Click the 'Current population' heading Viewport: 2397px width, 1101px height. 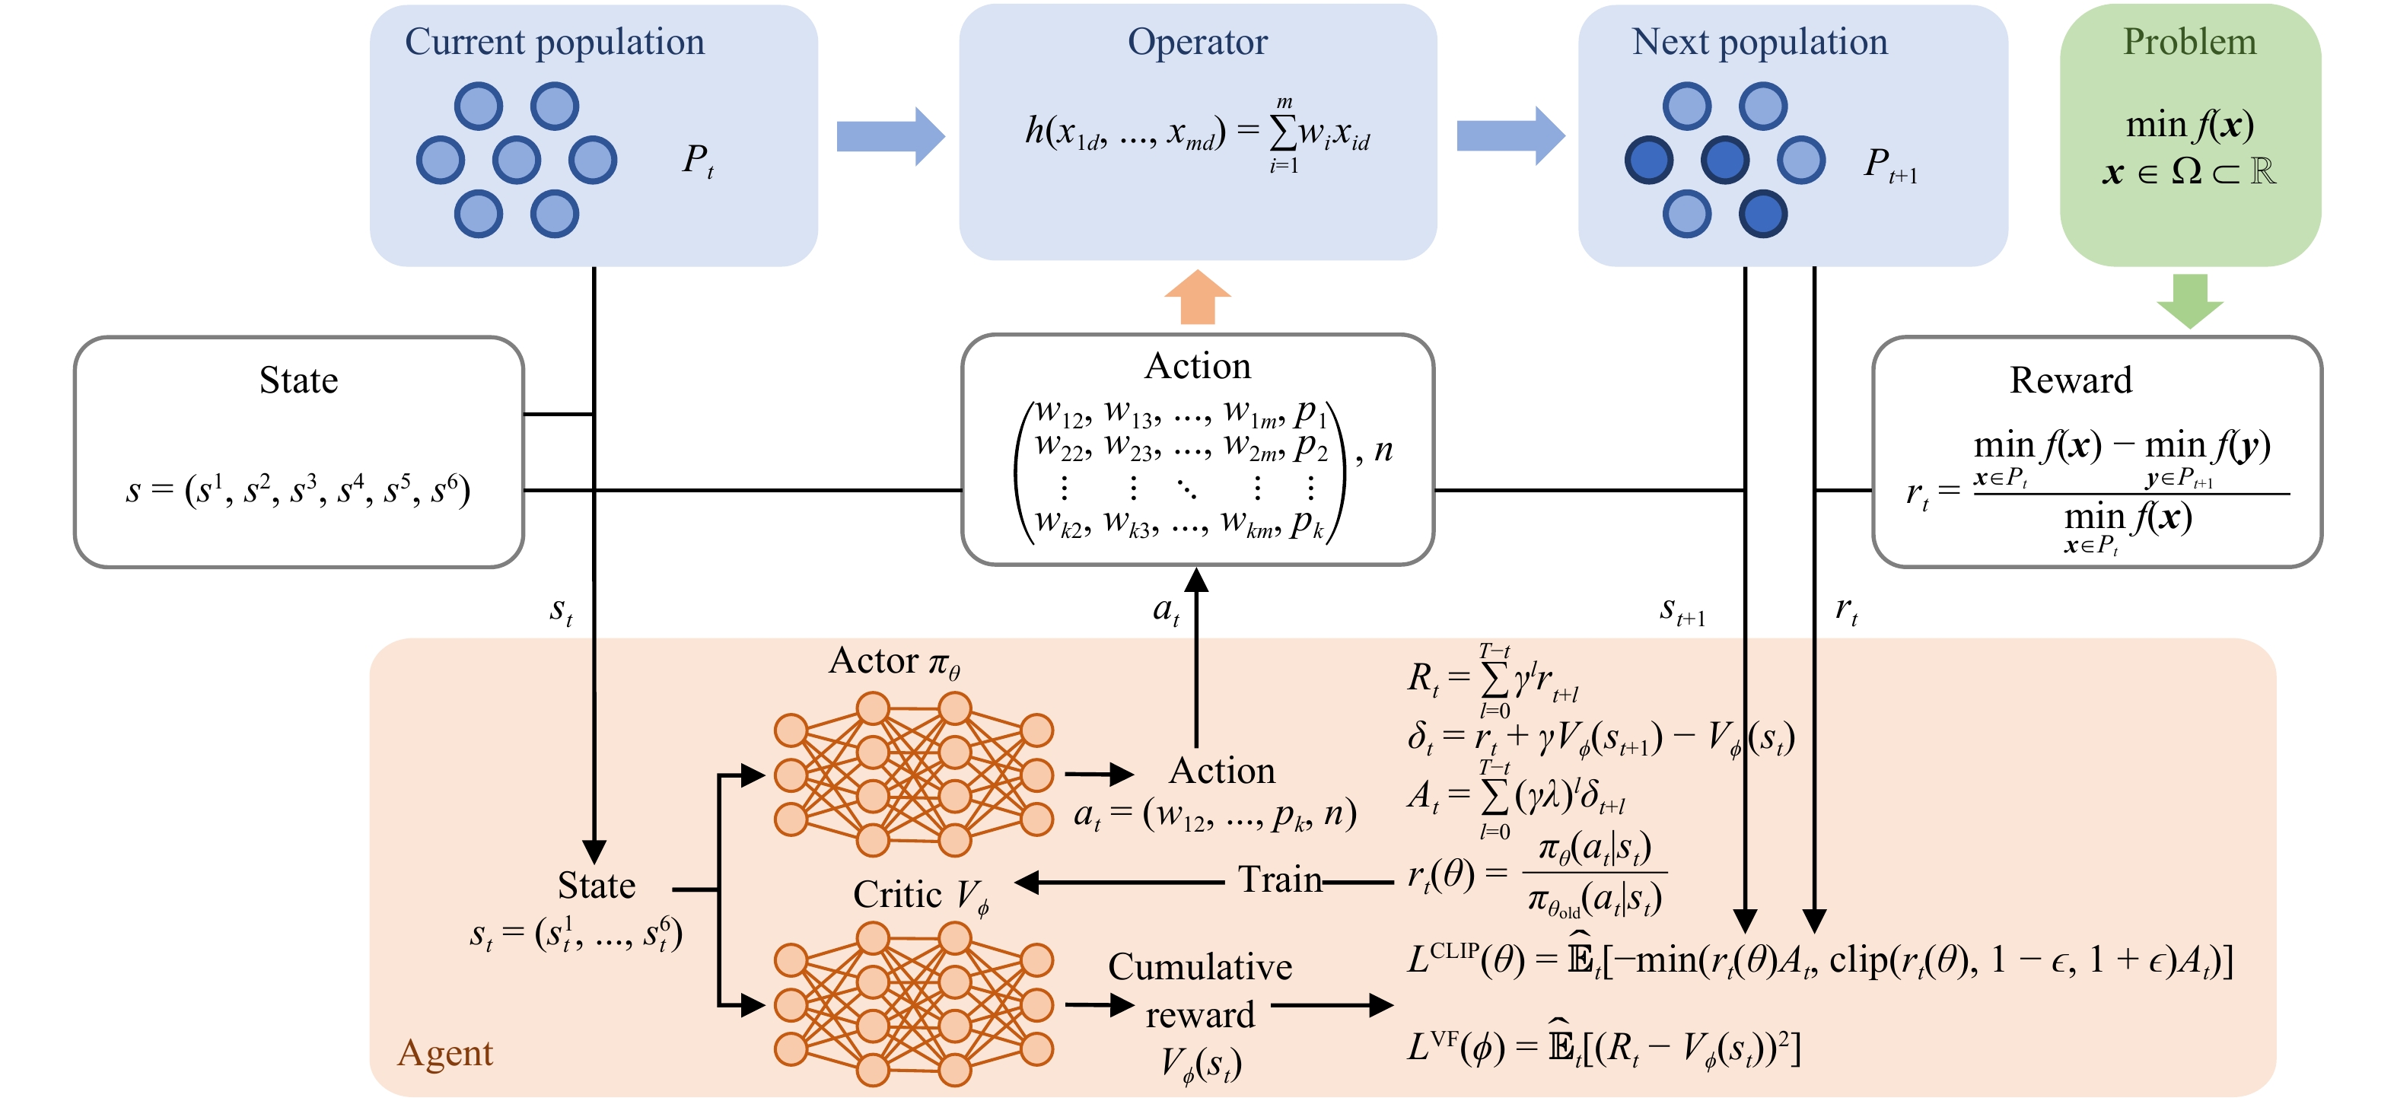click(x=555, y=43)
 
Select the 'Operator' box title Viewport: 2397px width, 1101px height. click(x=1198, y=43)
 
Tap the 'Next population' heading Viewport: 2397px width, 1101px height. click(x=1759, y=43)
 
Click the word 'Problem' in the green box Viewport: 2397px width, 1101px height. click(x=2189, y=43)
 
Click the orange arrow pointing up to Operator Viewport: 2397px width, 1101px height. click(x=1198, y=298)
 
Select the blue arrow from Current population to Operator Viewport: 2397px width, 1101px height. click(x=890, y=136)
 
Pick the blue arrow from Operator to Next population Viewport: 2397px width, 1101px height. click(x=1509, y=136)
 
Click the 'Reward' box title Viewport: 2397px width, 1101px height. click(x=2071, y=380)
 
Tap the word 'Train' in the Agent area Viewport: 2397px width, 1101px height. click(x=1279, y=880)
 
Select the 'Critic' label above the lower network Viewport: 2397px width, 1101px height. click(x=898, y=894)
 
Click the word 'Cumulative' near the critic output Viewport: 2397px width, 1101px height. click(x=1199, y=968)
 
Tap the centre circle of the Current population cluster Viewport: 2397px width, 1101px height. click(x=517, y=160)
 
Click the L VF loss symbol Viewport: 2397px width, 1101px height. click(x=1432, y=1046)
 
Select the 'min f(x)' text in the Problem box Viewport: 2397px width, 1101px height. click(x=2189, y=125)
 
